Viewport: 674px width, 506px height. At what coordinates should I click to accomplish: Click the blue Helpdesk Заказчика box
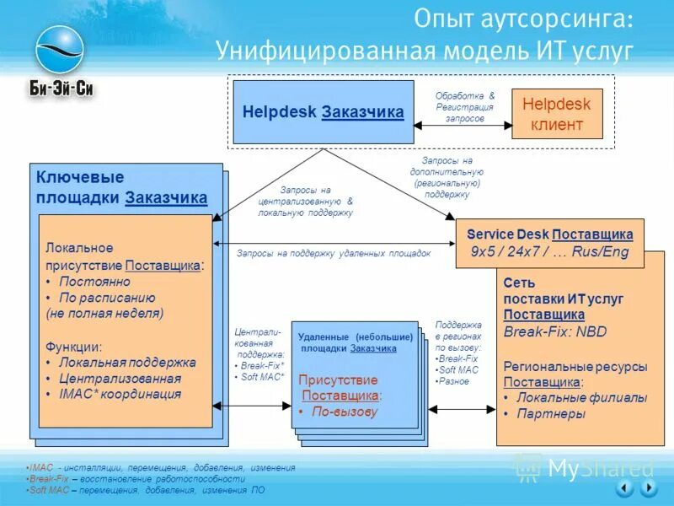coord(323,111)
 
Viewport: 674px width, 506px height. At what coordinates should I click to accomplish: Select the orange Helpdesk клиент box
coord(557,115)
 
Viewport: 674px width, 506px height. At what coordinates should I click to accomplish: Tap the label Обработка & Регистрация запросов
coord(465,108)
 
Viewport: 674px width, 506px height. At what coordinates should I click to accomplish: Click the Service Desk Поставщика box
coord(549,243)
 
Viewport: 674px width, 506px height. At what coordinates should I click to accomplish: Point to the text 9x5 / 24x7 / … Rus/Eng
coord(549,252)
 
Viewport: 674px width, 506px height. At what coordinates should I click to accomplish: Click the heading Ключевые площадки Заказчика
coord(121,187)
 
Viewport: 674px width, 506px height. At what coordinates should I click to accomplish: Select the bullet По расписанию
coord(106,298)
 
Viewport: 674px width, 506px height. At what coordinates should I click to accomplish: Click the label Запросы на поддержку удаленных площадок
coord(334,253)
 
